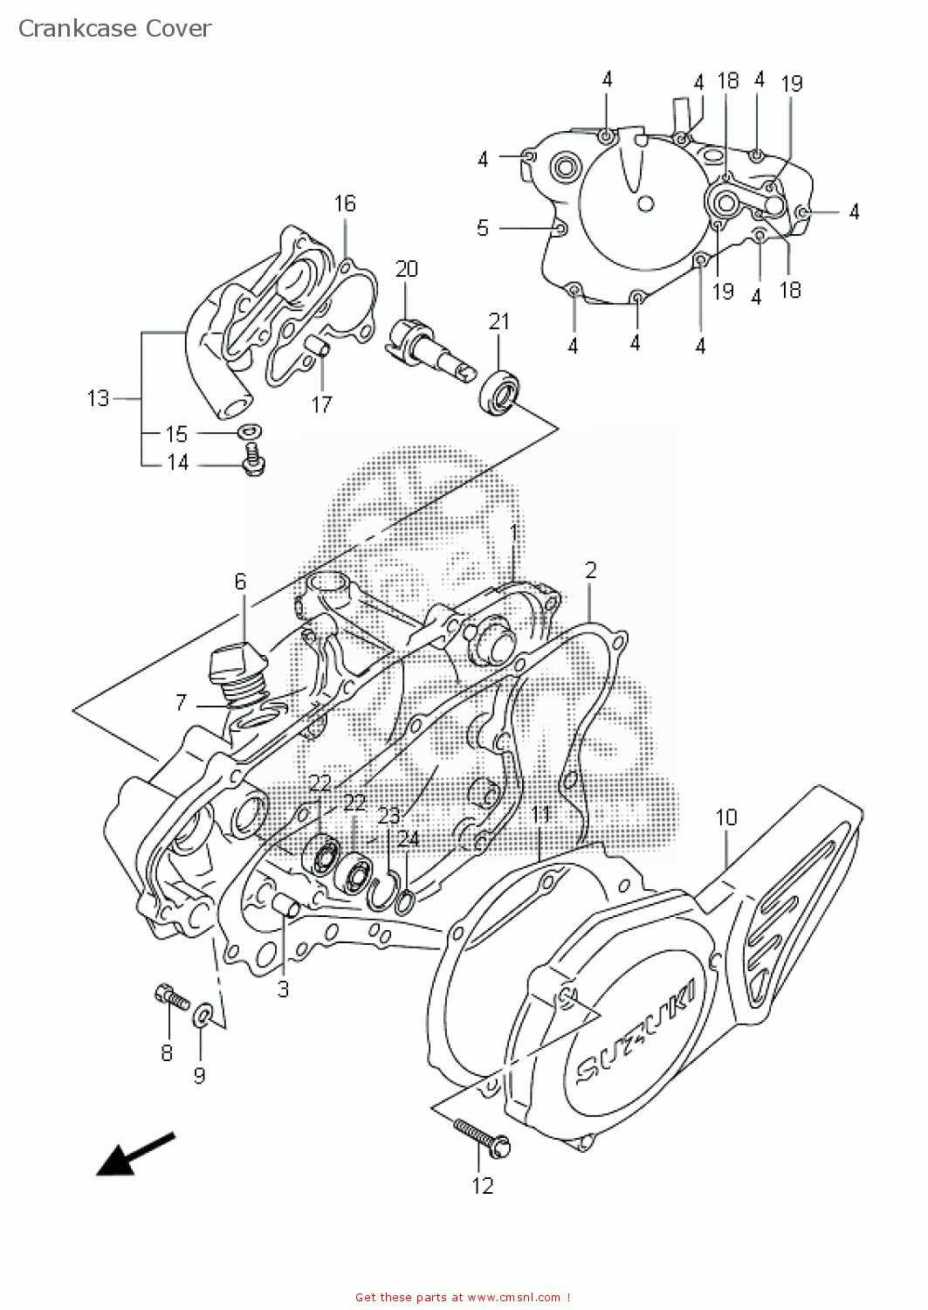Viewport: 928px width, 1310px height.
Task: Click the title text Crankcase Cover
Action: point(114,29)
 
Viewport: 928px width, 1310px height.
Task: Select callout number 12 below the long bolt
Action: point(483,1185)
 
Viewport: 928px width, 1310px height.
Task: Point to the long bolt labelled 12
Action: point(481,1137)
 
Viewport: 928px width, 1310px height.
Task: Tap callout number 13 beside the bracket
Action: point(98,398)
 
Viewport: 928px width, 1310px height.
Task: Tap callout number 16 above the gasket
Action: point(345,203)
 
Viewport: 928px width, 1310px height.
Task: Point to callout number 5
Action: point(483,228)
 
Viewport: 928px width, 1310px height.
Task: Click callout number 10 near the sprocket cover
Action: point(726,817)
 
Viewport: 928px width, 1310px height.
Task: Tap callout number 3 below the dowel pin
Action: point(283,989)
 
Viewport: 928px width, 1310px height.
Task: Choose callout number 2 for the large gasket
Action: point(591,570)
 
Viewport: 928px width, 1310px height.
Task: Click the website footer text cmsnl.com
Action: point(515,1298)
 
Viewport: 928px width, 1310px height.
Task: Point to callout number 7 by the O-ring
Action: point(181,702)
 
